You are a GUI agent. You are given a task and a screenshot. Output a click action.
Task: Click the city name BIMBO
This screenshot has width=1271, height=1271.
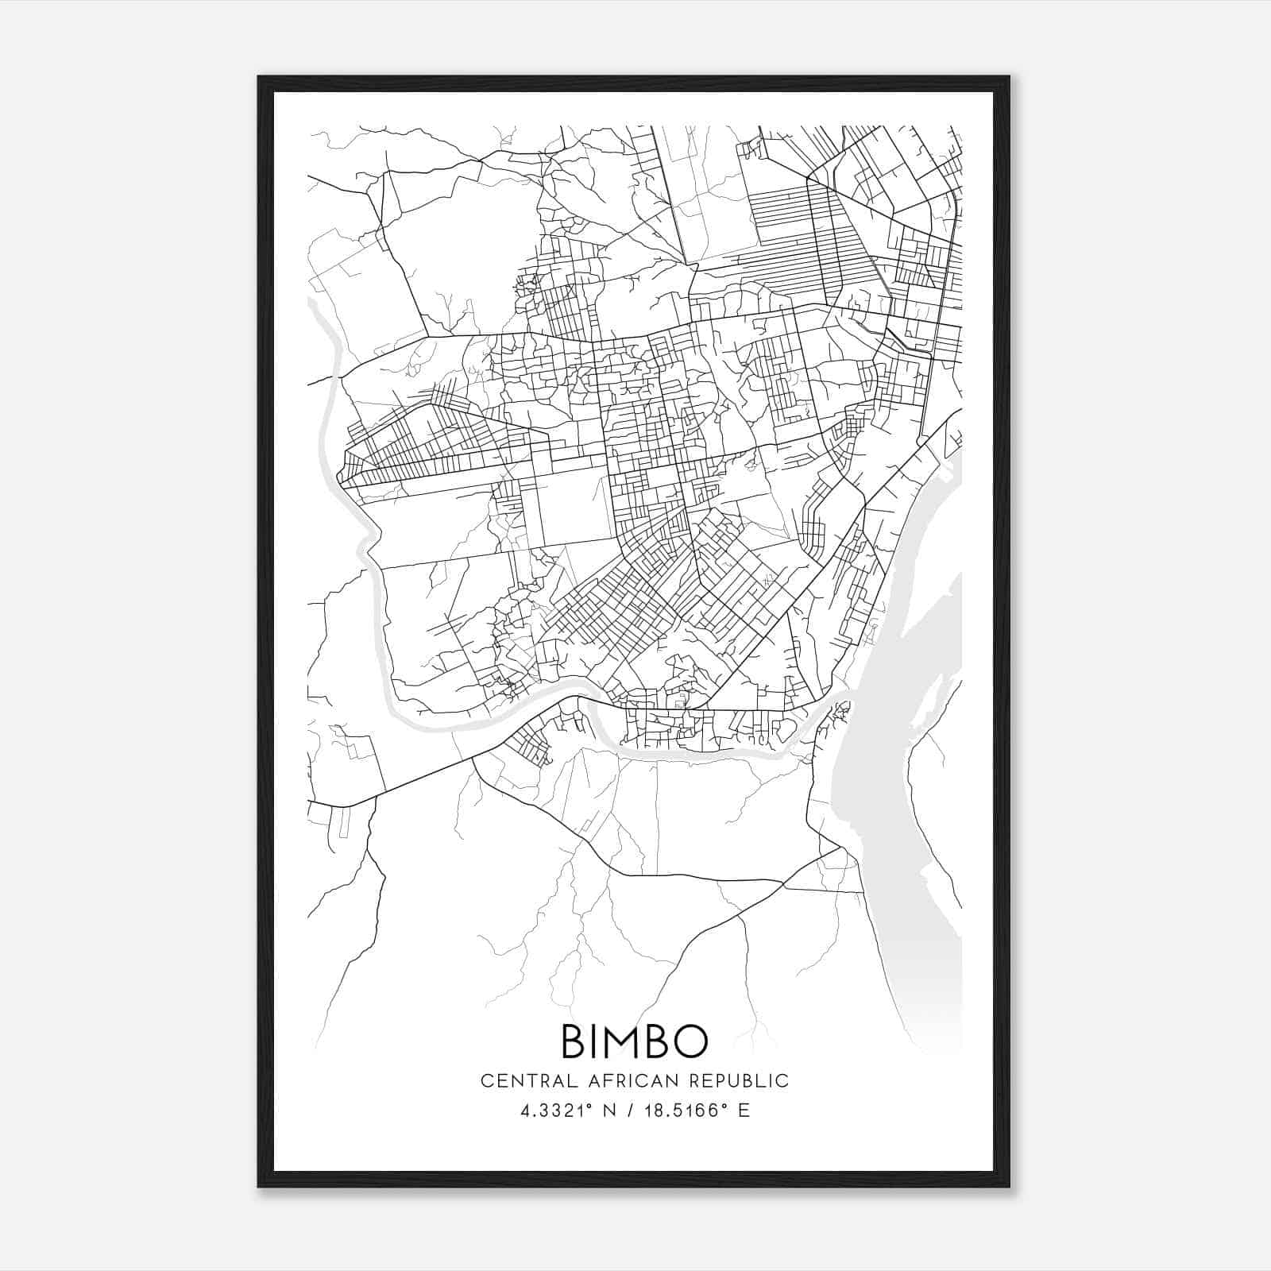point(634,1041)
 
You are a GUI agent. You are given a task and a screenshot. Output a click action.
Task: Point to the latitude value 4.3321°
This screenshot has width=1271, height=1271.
point(554,1111)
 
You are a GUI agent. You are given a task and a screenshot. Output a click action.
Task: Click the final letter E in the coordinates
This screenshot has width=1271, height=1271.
point(744,1111)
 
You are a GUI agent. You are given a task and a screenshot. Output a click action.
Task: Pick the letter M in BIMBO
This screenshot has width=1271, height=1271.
point(628,1041)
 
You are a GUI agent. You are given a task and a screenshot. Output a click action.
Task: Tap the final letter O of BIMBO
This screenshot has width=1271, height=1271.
point(690,1041)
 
